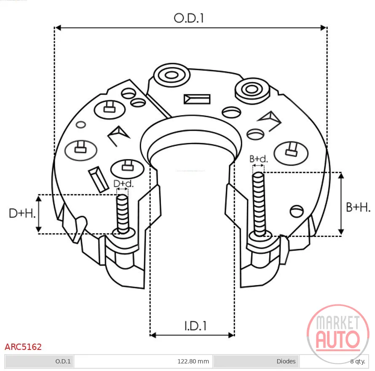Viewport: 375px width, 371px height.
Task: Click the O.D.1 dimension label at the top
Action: pos(189,18)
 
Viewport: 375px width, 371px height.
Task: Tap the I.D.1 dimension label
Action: pos(195,326)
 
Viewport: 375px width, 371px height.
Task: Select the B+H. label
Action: pos(358,207)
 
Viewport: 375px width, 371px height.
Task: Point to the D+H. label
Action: pos(22,213)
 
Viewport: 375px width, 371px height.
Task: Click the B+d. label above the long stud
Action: pos(259,159)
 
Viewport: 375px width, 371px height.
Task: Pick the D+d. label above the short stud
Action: pos(123,183)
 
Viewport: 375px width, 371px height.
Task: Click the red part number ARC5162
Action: pos(23,347)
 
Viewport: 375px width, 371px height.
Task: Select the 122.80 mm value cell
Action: pos(193,361)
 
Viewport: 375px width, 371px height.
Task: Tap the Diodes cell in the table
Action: pos(286,361)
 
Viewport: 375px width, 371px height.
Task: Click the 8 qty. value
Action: pos(358,361)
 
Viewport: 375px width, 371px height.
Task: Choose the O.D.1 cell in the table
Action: pos(63,361)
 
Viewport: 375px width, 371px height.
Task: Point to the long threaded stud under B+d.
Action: pos(259,204)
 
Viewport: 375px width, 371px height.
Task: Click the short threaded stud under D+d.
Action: pos(123,214)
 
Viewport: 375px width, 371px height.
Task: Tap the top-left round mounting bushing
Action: pos(172,75)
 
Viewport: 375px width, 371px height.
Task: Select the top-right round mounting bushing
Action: pos(252,91)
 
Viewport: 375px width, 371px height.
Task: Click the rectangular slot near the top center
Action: pos(197,99)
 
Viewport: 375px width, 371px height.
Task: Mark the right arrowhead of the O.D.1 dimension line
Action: pos(324,28)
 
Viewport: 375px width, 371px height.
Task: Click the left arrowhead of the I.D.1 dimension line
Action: pos(153,335)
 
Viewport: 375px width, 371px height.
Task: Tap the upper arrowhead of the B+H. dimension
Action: pos(341,176)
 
